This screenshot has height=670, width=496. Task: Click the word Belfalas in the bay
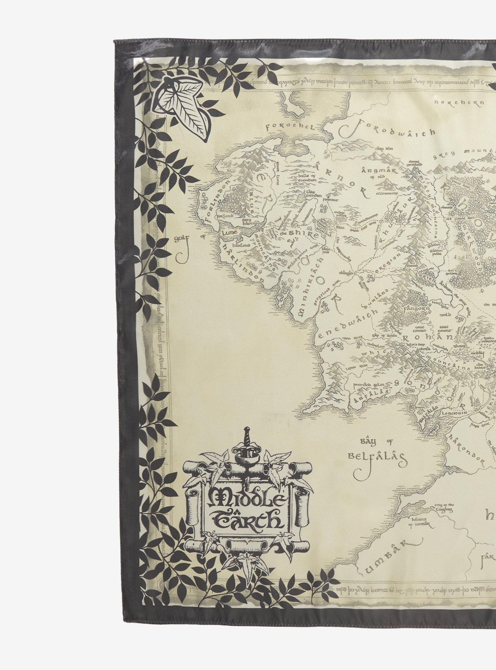377,456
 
